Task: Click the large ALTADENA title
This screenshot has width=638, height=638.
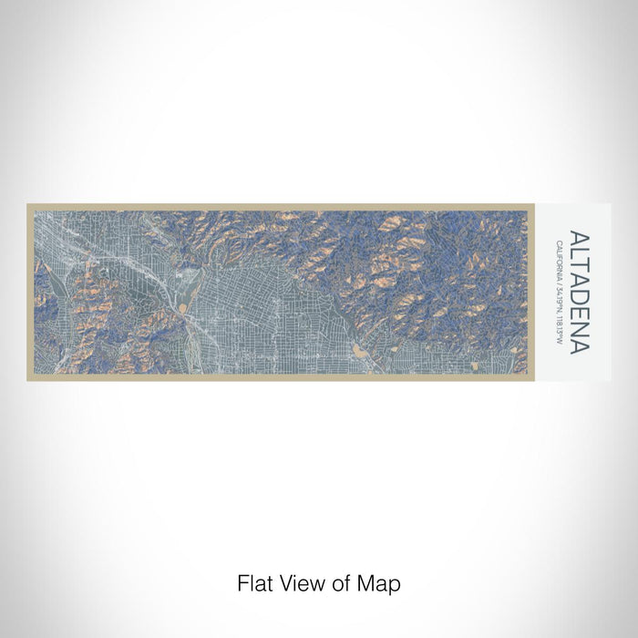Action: (x=579, y=292)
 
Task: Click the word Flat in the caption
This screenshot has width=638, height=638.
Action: (x=253, y=582)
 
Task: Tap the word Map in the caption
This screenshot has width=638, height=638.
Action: (x=380, y=582)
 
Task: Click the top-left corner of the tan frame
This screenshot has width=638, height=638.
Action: (x=28, y=206)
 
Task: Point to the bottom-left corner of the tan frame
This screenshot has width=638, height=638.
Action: (x=28, y=378)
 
